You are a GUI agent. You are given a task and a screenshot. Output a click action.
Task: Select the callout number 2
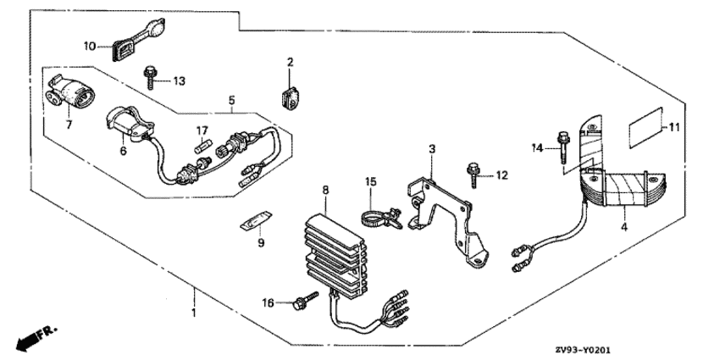[x=289, y=62]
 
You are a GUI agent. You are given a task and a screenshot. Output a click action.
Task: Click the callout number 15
[x=370, y=181]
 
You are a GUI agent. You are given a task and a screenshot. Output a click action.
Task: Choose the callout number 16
[x=269, y=302]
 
